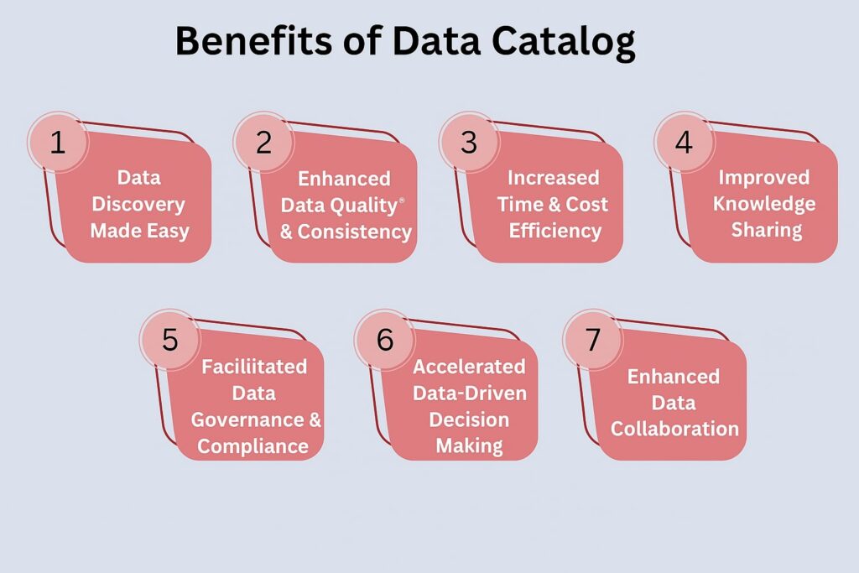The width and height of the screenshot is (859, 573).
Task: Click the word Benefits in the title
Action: pyautogui.click(x=253, y=40)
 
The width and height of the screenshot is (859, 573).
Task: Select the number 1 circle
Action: pyautogui.click(x=58, y=143)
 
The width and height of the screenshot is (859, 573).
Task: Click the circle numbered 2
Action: pyautogui.click(x=263, y=143)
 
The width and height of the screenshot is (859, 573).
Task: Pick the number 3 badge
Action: pyautogui.click(x=469, y=143)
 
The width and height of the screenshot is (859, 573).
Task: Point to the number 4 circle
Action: pyautogui.click(x=684, y=143)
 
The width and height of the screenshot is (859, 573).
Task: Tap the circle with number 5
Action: pyautogui.click(x=169, y=340)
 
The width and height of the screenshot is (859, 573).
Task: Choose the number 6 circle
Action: pyautogui.click(x=384, y=340)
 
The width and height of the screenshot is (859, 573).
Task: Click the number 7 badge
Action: pyautogui.click(x=593, y=340)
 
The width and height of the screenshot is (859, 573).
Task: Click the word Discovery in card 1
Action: pyautogui.click(x=138, y=205)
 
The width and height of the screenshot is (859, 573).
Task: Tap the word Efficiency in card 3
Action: pyautogui.click(x=555, y=232)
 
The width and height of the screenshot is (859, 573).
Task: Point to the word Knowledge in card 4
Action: pyautogui.click(x=764, y=205)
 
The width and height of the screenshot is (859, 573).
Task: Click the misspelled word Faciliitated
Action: pyautogui.click(x=254, y=367)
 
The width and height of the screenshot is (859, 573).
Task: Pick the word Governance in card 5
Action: pyautogui.click(x=247, y=419)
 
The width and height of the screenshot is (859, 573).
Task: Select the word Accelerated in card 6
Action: pyautogui.click(x=470, y=367)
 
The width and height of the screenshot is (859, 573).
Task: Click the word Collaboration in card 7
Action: pyautogui.click(x=675, y=429)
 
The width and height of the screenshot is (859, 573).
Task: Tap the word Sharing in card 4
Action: pyautogui.click(x=767, y=230)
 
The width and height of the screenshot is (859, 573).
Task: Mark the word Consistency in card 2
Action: pyautogui.click(x=355, y=232)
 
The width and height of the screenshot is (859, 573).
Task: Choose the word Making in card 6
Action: pyautogui.click(x=470, y=446)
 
